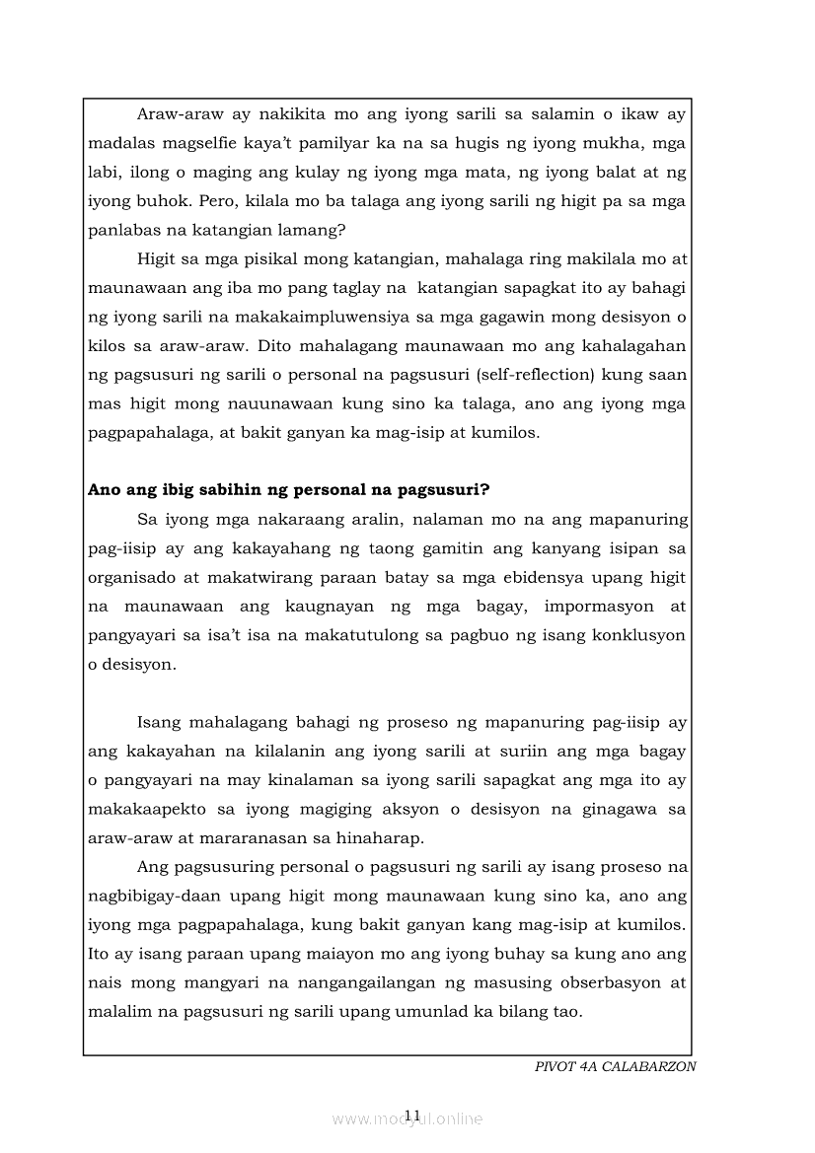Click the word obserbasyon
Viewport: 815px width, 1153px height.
pyautogui.click(x=609, y=983)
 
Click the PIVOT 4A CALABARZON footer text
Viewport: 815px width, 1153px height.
pyautogui.click(x=615, y=1067)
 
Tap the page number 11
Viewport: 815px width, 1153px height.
pyautogui.click(x=411, y=1116)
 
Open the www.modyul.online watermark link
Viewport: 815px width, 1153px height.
pyautogui.click(x=407, y=1119)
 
